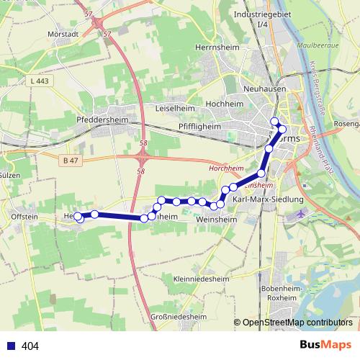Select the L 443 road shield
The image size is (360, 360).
[x=40, y=81]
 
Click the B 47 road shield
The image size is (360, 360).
[x=70, y=159]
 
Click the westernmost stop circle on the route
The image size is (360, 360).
[x=78, y=216]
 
